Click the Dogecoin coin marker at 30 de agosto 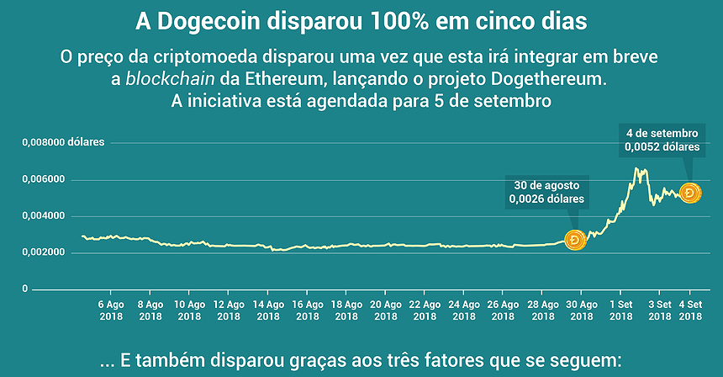(x=575, y=241)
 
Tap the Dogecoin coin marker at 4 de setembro (x=690, y=194)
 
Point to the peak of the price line (x=638, y=169)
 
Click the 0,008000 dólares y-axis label (x=63, y=142)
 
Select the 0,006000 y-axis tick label (x=41, y=179)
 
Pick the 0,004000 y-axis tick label (x=41, y=215)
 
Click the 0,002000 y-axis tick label (x=41, y=252)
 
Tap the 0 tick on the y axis (x=24, y=289)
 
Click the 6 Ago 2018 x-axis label (x=111, y=310)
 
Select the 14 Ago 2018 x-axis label (x=268, y=310)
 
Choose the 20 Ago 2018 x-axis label (x=386, y=310)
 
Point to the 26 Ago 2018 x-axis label (x=504, y=310)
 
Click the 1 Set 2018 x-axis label (x=621, y=310)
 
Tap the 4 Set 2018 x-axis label (x=690, y=310)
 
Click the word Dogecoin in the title (x=230, y=19)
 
